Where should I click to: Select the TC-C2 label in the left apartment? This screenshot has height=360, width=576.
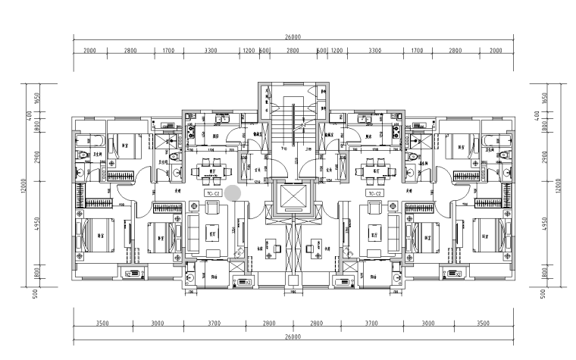coord(213,194)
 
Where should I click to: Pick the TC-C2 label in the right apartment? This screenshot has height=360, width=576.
coord(374,194)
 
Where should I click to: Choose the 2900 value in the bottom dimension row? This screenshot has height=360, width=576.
coord(317,324)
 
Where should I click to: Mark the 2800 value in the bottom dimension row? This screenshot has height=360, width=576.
coord(269,324)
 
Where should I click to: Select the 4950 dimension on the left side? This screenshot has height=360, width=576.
coord(36,224)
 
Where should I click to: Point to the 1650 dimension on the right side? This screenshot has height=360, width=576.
coord(544,99)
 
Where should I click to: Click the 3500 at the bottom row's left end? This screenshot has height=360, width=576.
coord(102,324)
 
